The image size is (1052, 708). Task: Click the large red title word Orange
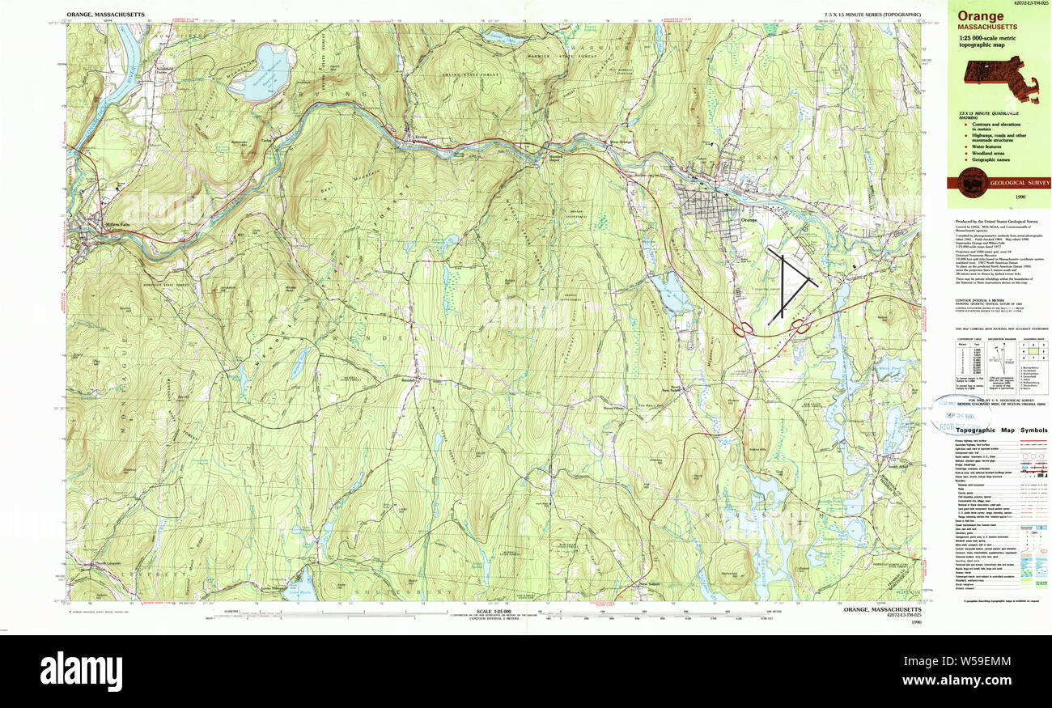982,16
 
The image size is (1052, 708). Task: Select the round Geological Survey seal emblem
971,182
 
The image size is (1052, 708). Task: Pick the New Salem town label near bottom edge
650,584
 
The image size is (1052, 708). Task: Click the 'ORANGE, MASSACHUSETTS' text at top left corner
106,15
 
